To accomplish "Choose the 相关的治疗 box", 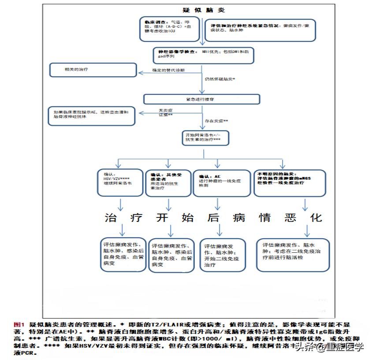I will click(x=93, y=71).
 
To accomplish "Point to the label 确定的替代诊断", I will click(x=169, y=71).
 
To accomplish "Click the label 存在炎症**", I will click(x=216, y=121).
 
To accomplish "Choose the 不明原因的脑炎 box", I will click(x=290, y=181).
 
